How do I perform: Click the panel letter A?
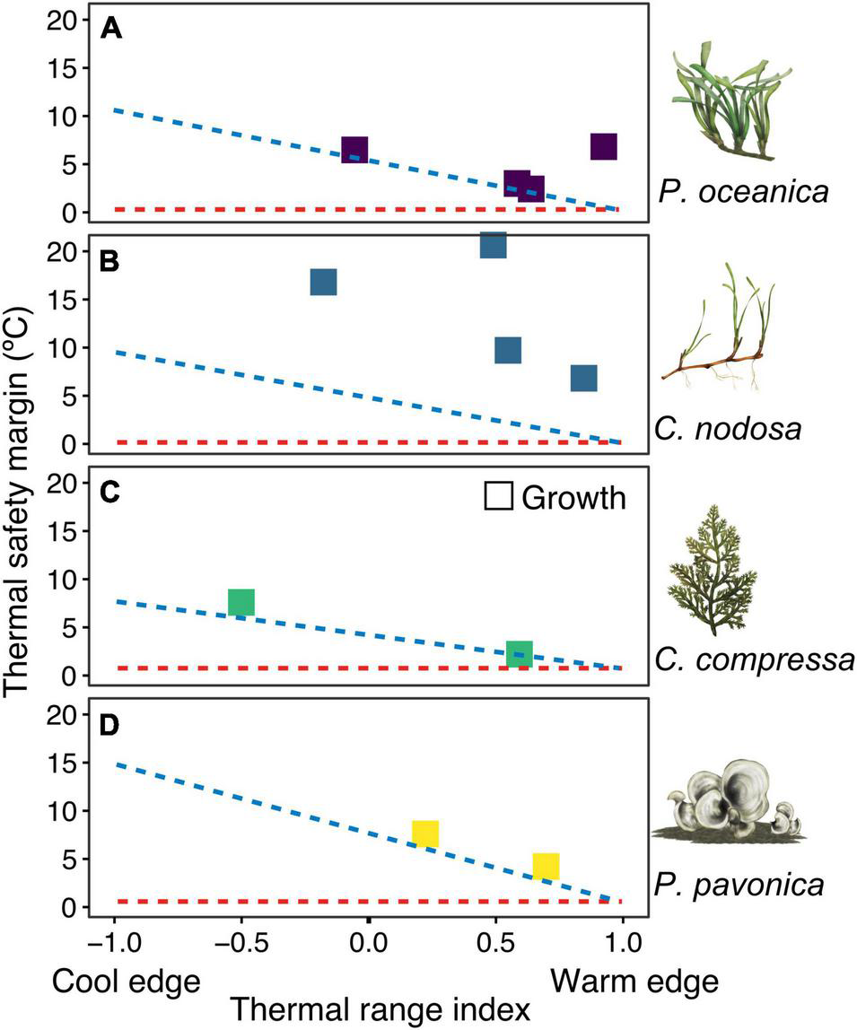[111, 29]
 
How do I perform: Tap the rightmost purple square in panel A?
[604, 146]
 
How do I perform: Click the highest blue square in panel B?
[494, 245]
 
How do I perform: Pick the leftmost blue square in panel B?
[323, 282]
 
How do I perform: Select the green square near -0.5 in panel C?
[241, 602]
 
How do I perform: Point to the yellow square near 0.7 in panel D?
[546, 866]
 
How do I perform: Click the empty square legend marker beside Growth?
[497, 496]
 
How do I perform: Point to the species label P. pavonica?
[748, 886]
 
